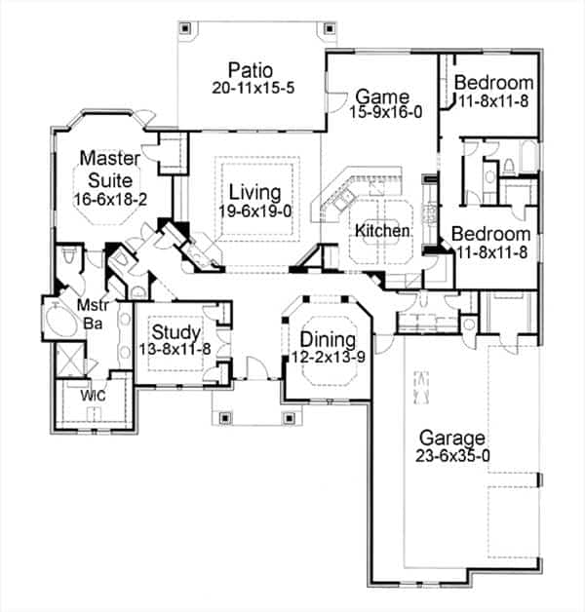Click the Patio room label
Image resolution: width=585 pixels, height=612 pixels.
click(252, 70)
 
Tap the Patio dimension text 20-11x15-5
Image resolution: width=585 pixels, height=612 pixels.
click(252, 87)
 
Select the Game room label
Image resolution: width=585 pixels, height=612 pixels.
click(374, 96)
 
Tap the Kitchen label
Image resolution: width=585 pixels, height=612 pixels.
click(381, 231)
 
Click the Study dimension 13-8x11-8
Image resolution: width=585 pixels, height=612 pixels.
click(176, 349)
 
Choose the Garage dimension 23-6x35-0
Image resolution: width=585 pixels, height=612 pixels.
click(453, 454)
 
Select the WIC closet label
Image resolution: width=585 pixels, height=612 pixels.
click(94, 396)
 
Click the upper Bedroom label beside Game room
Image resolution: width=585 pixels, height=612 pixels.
click(493, 82)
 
